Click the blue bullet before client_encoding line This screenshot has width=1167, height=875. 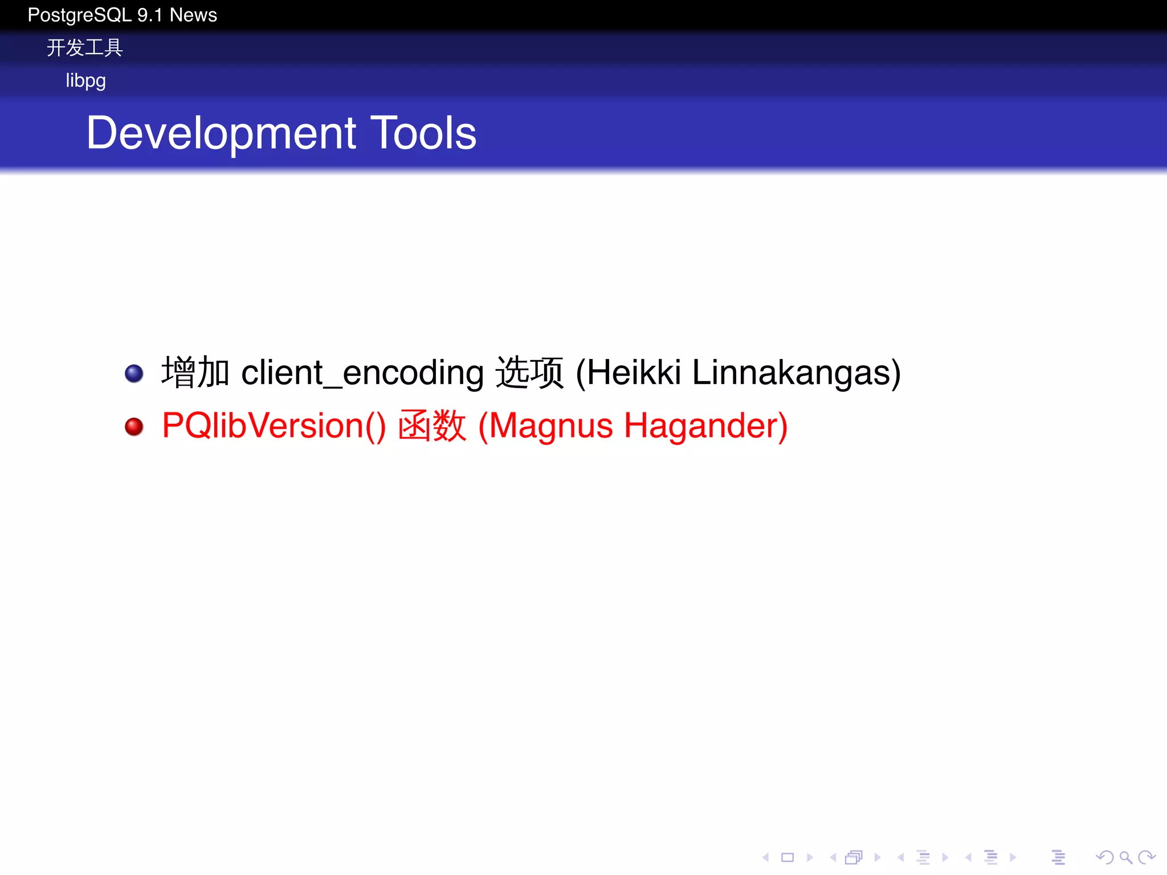click(134, 374)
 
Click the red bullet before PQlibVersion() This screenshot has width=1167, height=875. click(134, 427)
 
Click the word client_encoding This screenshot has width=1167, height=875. click(362, 373)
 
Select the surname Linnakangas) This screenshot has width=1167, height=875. click(796, 373)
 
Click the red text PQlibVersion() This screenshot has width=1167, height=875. click(274, 426)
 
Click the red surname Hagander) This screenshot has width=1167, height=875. click(705, 426)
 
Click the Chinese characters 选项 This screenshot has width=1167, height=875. click(529, 373)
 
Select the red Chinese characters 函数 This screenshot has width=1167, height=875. click(431, 426)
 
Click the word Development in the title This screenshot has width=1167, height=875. click(221, 133)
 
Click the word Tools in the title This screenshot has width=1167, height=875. click(423, 133)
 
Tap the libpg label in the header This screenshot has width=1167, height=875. click(85, 80)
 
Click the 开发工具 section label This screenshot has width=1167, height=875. click(84, 48)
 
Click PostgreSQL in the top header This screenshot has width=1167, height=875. click(79, 15)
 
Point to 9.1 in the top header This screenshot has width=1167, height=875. click(150, 15)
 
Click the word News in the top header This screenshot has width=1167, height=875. click(193, 15)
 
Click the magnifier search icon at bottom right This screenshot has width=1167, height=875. click(1125, 857)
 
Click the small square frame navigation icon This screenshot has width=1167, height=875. click(787, 857)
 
